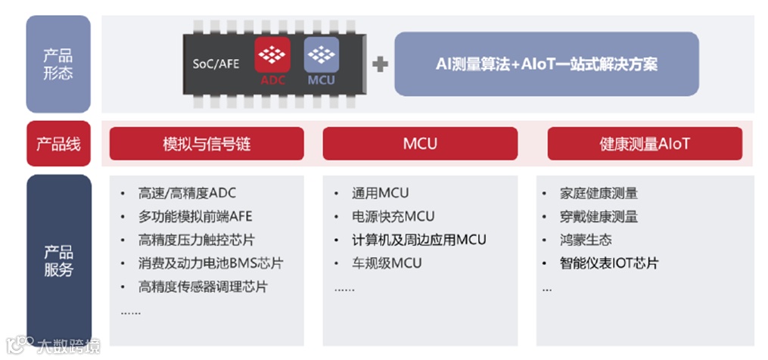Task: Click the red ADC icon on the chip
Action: tap(272, 61)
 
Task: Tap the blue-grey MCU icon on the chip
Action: tap(322, 61)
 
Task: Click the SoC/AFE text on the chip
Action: tap(216, 64)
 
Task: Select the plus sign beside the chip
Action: tap(380, 64)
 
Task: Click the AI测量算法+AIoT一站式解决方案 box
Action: tap(546, 64)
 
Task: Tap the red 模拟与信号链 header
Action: tap(207, 144)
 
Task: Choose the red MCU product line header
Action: tap(420, 144)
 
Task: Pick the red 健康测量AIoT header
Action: tap(645, 144)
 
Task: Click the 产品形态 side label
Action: tap(58, 64)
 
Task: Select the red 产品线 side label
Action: tap(58, 144)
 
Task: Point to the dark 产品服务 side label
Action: tap(58, 260)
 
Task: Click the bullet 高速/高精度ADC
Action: tap(187, 193)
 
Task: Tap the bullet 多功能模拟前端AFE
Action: tap(195, 216)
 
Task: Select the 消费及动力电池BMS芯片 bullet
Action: tap(211, 263)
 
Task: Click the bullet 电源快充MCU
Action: tap(393, 216)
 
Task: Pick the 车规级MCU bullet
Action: tap(387, 263)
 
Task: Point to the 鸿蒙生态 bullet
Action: tap(586, 240)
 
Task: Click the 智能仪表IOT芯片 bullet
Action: tap(609, 263)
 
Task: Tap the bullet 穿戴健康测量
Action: tap(599, 216)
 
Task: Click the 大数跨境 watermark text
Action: tap(68, 347)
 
